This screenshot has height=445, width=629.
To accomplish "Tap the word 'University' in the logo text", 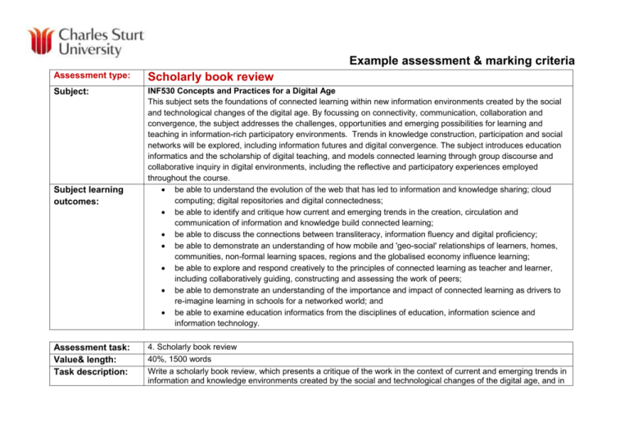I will [x=82, y=50].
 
